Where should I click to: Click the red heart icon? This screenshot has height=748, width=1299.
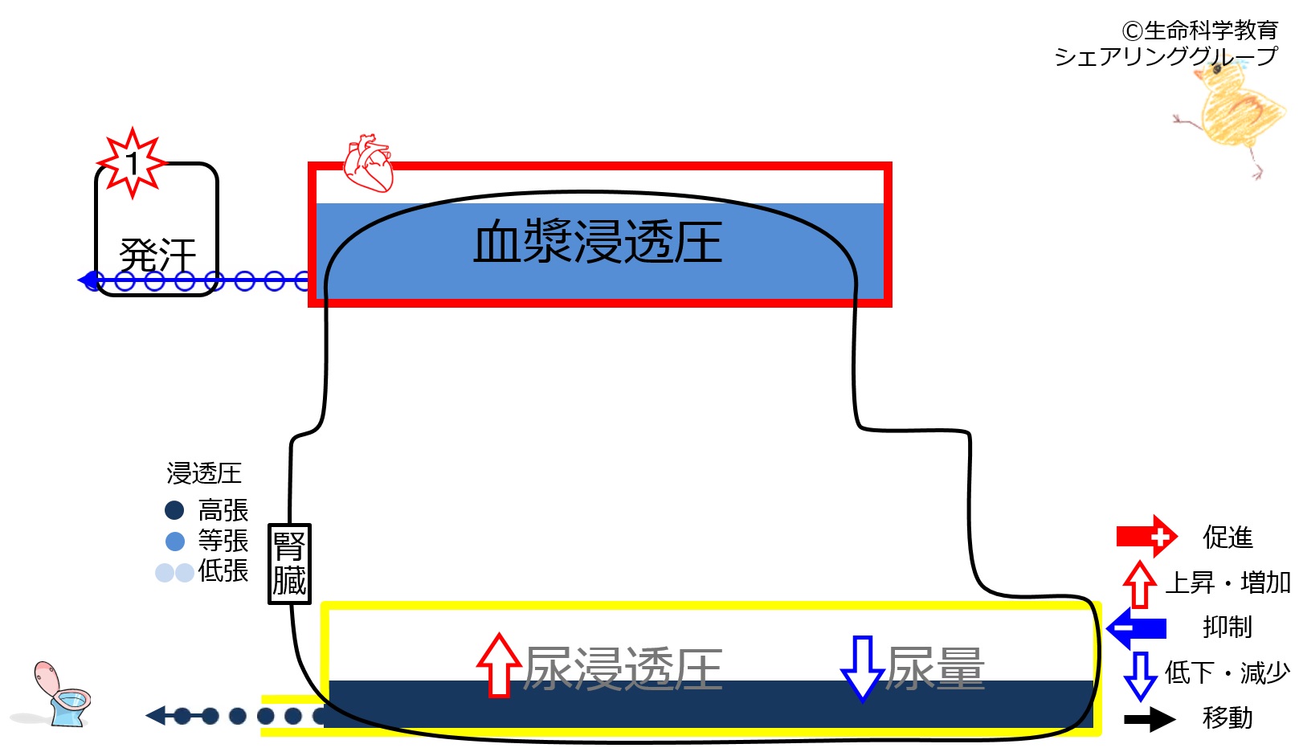pos(369,164)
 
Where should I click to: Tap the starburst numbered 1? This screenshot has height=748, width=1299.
pos(132,164)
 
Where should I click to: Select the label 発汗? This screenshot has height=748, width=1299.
pos(157,255)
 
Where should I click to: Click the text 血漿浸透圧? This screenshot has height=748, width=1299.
pos(598,243)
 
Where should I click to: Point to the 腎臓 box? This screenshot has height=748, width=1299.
pos(288,564)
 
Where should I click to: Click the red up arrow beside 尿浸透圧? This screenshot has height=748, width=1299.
pos(499,665)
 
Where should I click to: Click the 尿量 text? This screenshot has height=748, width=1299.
pos(935,668)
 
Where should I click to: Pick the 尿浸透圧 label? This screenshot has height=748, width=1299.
pos(623,668)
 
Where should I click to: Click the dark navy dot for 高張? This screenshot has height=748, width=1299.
pos(174,510)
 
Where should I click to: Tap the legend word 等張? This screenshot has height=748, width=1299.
pos(223,541)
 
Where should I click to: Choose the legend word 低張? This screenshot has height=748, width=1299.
pos(223,571)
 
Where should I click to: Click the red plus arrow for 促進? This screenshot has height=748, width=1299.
pos(1146,536)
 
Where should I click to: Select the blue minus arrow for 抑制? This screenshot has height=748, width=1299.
pos(1137,627)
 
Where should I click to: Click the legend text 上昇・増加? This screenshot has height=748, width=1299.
pos(1228,582)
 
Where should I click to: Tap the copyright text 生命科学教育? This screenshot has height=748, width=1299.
pos(1200,31)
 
